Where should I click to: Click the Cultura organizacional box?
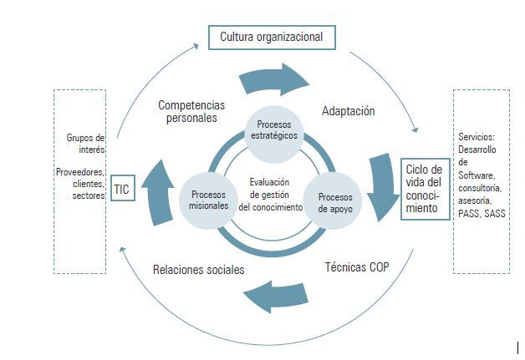click(x=272, y=38)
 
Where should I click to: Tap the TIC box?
click(x=122, y=190)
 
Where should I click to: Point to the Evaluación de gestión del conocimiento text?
click(x=269, y=194)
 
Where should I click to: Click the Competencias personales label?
click(x=192, y=111)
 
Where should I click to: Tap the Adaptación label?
click(x=348, y=111)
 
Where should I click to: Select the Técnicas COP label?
click(x=356, y=268)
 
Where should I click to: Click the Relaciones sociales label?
click(x=198, y=270)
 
